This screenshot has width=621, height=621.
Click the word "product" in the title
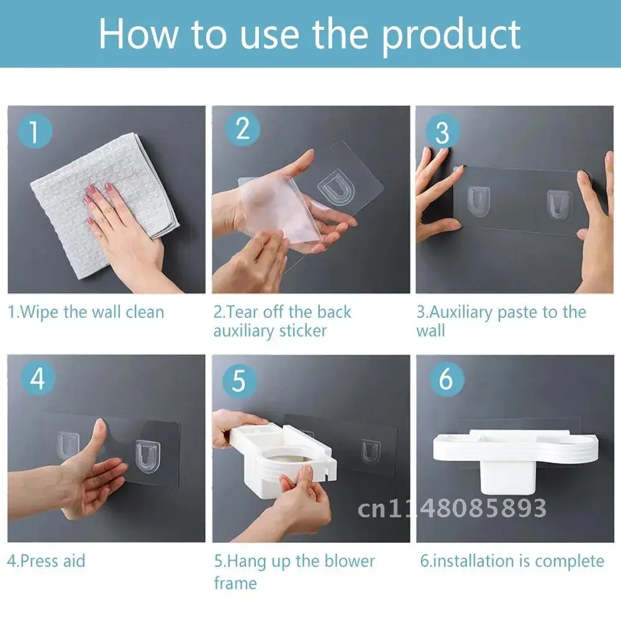tap(451, 35)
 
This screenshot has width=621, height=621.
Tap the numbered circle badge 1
tap(35, 131)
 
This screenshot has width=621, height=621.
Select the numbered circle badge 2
tap(242, 129)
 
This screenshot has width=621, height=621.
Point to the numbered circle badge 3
tap(442, 131)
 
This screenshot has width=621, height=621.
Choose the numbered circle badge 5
tap(239, 381)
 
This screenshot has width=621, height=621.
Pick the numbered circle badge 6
tap(446, 379)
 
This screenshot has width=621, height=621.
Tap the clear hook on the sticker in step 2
tap(337, 186)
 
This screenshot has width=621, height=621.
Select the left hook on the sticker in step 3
tap(479, 201)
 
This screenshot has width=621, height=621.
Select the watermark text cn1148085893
tap(452, 508)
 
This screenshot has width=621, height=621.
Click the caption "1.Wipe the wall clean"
tap(86, 312)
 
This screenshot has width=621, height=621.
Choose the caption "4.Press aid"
tap(47, 561)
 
